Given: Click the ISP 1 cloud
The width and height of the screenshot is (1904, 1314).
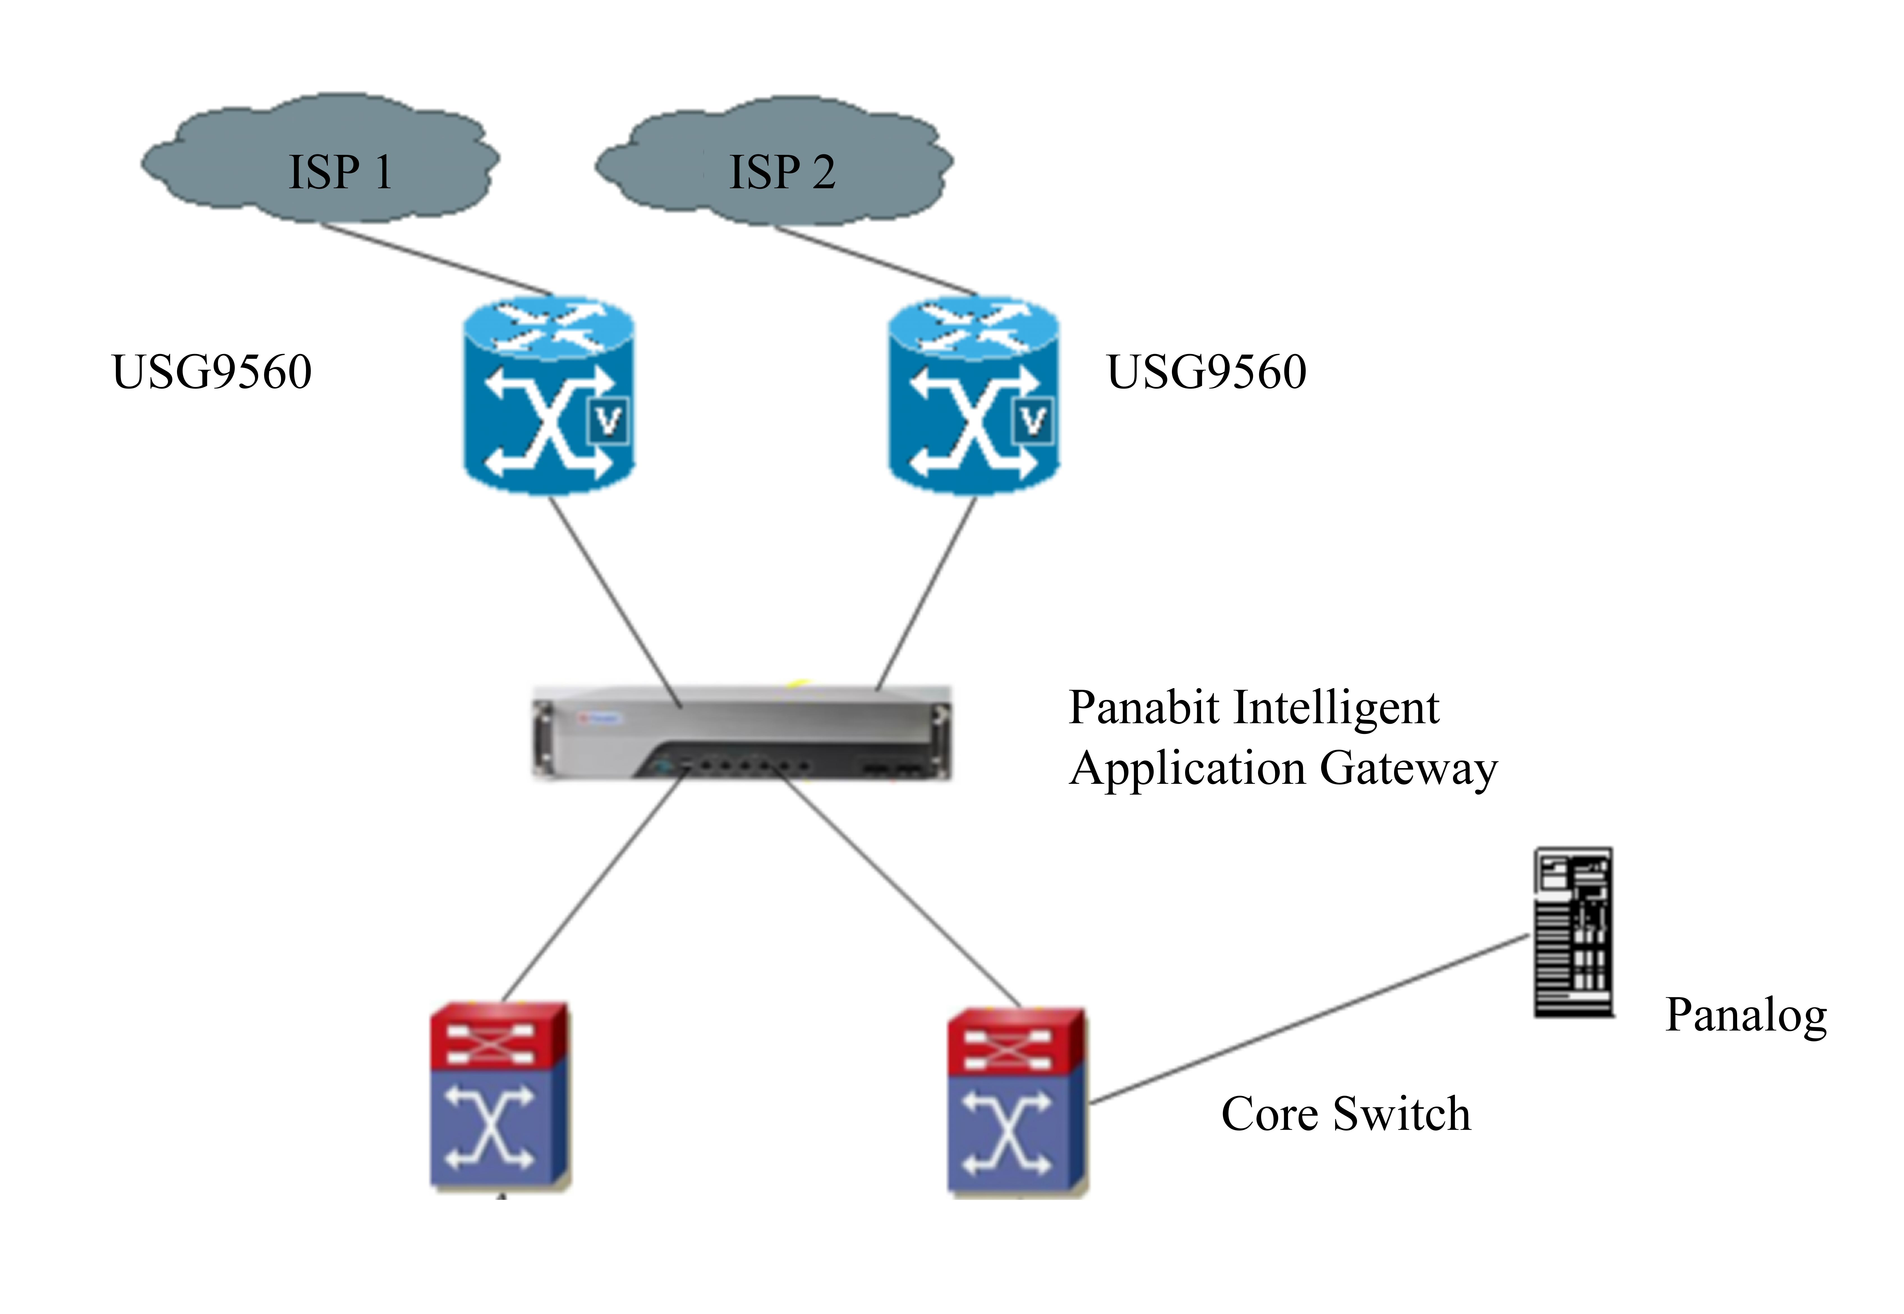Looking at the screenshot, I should [321, 160].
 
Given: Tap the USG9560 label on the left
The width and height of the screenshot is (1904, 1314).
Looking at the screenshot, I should [211, 372].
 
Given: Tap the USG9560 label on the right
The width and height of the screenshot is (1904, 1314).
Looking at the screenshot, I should [1206, 372].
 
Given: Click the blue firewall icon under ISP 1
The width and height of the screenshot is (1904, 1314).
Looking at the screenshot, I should [548, 395].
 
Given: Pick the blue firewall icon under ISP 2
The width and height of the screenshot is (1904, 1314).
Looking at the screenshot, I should [973, 395].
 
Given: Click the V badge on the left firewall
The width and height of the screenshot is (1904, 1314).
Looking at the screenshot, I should [608, 422].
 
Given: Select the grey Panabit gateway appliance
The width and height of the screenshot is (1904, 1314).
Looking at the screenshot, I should [741, 731].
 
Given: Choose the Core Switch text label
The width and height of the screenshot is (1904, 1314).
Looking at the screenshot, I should [1345, 1114].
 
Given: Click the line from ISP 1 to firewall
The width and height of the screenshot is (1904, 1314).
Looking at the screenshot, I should [436, 259].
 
